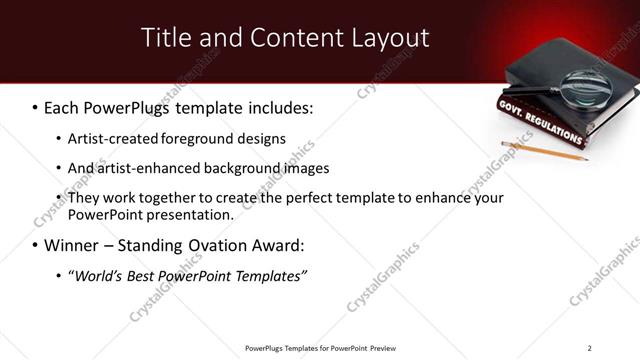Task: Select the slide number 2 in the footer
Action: pyautogui.click(x=590, y=348)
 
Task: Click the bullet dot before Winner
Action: pyautogui.click(x=35, y=246)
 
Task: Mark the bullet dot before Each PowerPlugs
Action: pyautogui.click(x=35, y=107)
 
